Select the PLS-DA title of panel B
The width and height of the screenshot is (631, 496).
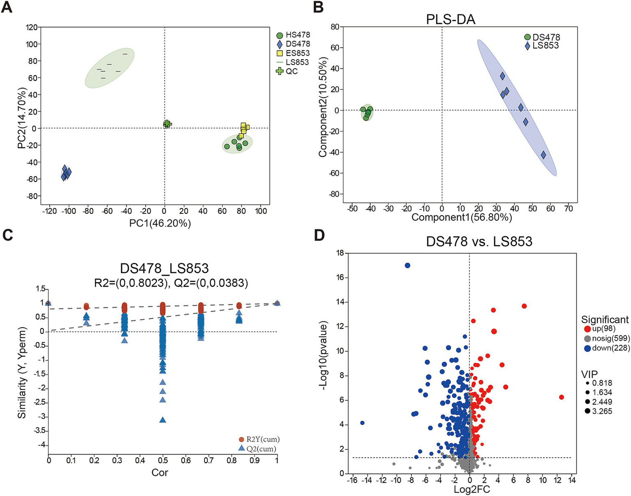click(x=451, y=19)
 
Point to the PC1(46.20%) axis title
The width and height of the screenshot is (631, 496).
click(x=161, y=224)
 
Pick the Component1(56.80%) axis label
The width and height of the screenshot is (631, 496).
click(x=462, y=217)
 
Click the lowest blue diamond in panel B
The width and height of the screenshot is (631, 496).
click(x=543, y=155)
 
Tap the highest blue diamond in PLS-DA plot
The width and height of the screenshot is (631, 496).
click(x=502, y=76)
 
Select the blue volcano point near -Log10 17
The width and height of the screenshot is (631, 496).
click(x=407, y=265)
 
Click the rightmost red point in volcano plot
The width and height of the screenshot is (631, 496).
click(x=562, y=397)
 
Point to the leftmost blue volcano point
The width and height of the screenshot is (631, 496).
click(x=362, y=423)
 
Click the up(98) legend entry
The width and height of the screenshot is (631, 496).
click(x=599, y=329)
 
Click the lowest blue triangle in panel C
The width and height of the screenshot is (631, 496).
click(x=163, y=420)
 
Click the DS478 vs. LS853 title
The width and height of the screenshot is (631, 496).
click(x=479, y=241)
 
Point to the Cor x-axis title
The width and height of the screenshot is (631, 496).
click(x=159, y=473)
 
